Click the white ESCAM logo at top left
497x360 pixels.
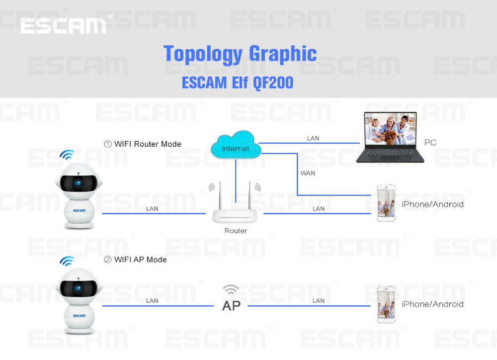(x=63, y=26)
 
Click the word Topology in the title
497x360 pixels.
(x=203, y=54)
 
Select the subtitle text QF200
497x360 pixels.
(x=273, y=83)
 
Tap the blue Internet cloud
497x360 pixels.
(x=236, y=145)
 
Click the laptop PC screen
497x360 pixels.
(x=390, y=129)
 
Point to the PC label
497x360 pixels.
(x=430, y=142)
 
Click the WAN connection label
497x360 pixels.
(x=308, y=173)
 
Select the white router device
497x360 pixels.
(x=235, y=203)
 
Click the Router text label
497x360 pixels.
(x=236, y=231)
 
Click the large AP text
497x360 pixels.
(x=232, y=306)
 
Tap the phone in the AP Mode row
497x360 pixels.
(x=386, y=304)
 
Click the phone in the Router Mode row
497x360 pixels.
(x=386, y=203)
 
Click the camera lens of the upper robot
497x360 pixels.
(x=78, y=183)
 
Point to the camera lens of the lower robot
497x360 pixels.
(x=78, y=288)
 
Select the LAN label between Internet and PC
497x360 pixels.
(x=313, y=138)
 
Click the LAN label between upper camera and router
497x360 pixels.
(x=152, y=209)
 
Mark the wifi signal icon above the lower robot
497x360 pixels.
(x=67, y=261)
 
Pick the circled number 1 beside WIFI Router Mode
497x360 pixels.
(x=108, y=144)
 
